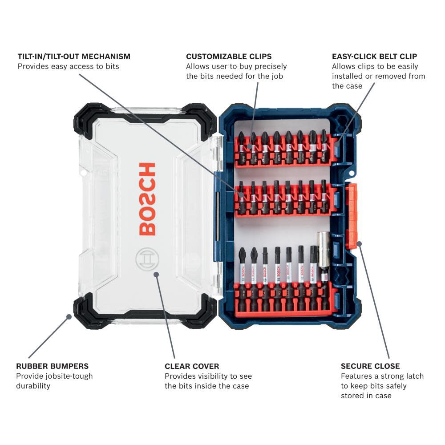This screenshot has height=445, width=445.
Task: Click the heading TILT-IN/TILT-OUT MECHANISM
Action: pos(74,57)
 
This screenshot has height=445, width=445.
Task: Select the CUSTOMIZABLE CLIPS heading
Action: pos(229,57)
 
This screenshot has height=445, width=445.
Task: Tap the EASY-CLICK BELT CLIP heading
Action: pos(374,57)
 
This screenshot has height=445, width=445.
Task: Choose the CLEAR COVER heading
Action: pos(192,366)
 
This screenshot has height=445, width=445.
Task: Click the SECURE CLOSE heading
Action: pos(370,366)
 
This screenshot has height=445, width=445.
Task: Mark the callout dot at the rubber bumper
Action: pos(69,317)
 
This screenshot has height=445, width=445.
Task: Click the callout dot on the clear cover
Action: pos(156,274)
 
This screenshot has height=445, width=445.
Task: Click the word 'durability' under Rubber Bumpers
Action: pos(33,386)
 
